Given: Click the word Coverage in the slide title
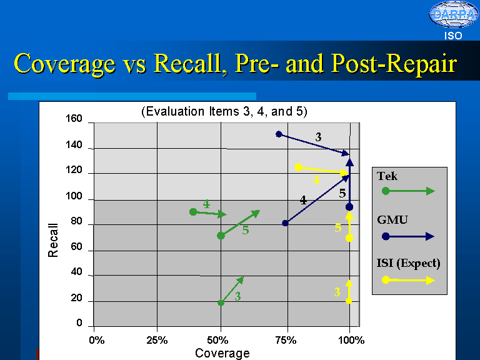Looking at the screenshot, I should [x=64, y=64].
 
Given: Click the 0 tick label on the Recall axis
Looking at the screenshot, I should [x=79, y=323].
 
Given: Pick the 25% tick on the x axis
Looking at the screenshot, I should [x=157, y=340].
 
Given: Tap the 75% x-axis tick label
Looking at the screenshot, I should [x=285, y=340].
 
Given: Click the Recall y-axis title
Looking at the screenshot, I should [x=53, y=240].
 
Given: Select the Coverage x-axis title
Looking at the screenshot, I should [x=222, y=353].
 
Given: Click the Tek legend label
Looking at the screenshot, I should [x=387, y=176].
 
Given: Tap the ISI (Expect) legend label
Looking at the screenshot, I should [x=409, y=263].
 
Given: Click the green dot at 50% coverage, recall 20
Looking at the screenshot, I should [x=221, y=302].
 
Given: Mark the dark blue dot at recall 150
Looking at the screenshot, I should [x=279, y=134].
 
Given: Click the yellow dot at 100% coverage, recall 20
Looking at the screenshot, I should [x=349, y=301].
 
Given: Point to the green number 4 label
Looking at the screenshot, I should [x=206, y=204].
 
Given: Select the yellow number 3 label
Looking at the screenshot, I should [x=337, y=292].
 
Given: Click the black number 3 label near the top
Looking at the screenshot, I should [x=318, y=136].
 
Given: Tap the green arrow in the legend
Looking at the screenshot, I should [x=409, y=191].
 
